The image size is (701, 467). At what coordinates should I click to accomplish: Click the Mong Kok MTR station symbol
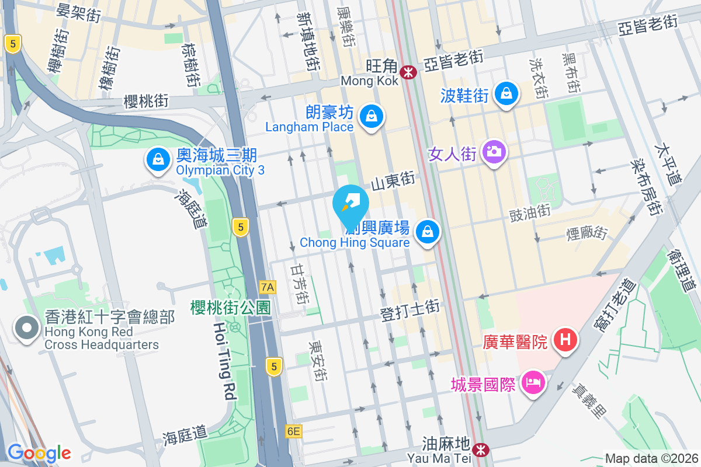(408, 72)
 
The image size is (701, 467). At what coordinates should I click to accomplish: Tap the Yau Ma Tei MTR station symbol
(481, 450)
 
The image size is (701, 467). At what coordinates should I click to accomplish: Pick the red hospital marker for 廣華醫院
(565, 339)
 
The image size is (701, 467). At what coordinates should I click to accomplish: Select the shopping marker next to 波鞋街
(506, 93)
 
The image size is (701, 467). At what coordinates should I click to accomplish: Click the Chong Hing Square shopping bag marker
(428, 232)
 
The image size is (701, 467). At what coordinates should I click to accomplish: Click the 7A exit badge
(268, 287)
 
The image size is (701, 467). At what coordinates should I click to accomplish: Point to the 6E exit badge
(294, 431)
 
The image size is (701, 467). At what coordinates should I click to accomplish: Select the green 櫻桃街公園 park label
(231, 308)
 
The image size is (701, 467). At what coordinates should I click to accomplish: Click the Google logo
(39, 452)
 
